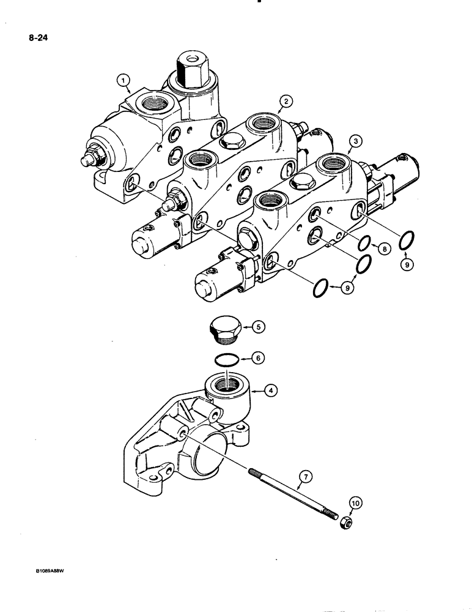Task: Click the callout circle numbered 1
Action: (124, 79)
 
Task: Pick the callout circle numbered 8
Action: (383, 249)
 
